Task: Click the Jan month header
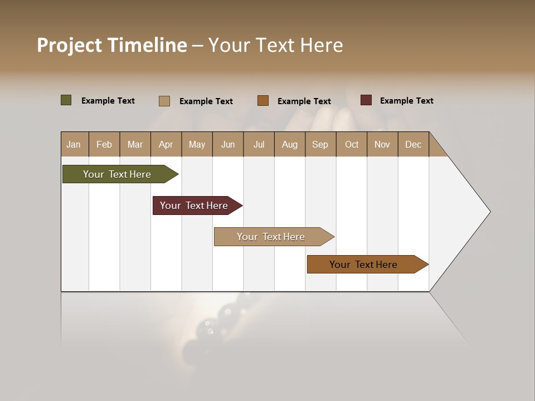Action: tap(74, 144)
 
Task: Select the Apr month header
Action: tap(166, 144)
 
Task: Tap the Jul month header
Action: tap(259, 144)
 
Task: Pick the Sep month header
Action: tap(320, 144)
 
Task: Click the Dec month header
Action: tap(413, 144)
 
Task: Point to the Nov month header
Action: tap(382, 144)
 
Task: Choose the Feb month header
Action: tap(104, 144)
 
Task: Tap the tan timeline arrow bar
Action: tap(271, 237)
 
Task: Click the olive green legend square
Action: tap(66, 100)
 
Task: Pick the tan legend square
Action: tap(164, 101)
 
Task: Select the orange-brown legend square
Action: tap(263, 101)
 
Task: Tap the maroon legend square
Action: tap(366, 100)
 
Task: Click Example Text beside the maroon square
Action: tap(406, 101)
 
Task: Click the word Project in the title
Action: tap(69, 45)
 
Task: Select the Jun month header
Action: tap(228, 144)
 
